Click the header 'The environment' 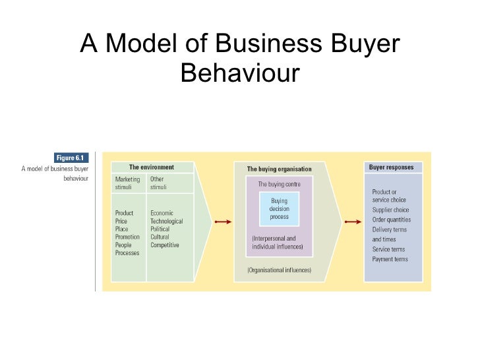click(x=152, y=167)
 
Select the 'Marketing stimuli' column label click(x=128, y=183)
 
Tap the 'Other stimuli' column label click(x=159, y=183)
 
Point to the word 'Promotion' click(x=127, y=237)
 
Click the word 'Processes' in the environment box click(x=127, y=253)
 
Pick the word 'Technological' click(x=167, y=221)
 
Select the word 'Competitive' click(x=165, y=245)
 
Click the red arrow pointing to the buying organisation click(x=223, y=222)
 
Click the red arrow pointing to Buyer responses click(x=352, y=222)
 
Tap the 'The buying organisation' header click(x=279, y=169)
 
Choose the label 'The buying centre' click(x=279, y=185)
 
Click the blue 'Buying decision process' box click(x=279, y=208)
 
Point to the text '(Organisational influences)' click(x=279, y=270)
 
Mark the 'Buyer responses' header click(x=392, y=167)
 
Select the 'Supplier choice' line click(x=391, y=210)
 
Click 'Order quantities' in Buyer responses click(x=392, y=220)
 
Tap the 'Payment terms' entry click(x=390, y=259)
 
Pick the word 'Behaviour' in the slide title click(x=239, y=73)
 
